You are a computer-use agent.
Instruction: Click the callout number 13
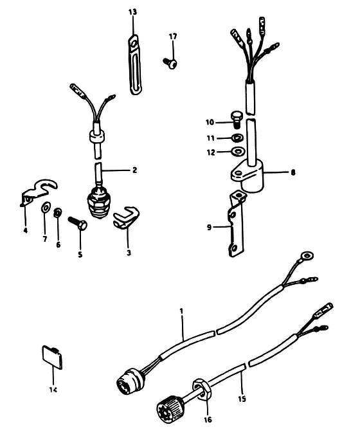pos(132,12)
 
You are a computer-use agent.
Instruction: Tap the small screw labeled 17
pos(170,62)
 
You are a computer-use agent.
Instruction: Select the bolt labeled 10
pos(235,119)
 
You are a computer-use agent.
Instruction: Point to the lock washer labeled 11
pos(237,138)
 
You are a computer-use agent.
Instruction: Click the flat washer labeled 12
pos(237,151)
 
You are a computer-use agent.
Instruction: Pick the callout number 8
pos(292,172)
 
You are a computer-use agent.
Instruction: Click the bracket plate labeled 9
pos(236,224)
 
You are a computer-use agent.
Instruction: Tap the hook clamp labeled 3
pos(127,217)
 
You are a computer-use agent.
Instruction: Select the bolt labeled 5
pos(77,223)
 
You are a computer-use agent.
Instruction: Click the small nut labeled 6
pos(58,212)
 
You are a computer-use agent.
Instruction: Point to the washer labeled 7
pos(46,208)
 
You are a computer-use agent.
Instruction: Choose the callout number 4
pos(26,230)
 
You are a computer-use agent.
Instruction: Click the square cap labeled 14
pos(53,357)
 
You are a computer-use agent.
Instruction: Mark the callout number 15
pos(242,399)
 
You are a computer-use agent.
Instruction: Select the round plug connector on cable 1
pos(128,379)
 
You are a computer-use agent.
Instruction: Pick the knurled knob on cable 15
pos(170,408)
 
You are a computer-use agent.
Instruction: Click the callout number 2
pos(135,170)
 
